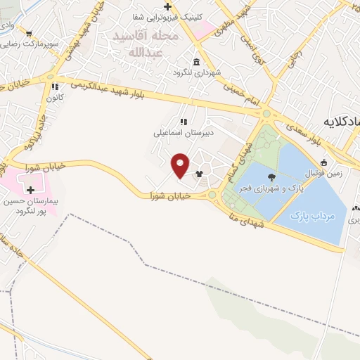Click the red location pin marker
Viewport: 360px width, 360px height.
[x=181, y=165]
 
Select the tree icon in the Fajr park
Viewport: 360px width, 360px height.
[x=272, y=176]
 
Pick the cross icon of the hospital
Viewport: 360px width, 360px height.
[x=30, y=190]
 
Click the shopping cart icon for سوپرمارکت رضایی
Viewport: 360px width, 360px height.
[x=28, y=33]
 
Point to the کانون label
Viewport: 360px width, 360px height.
[x=56, y=96]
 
